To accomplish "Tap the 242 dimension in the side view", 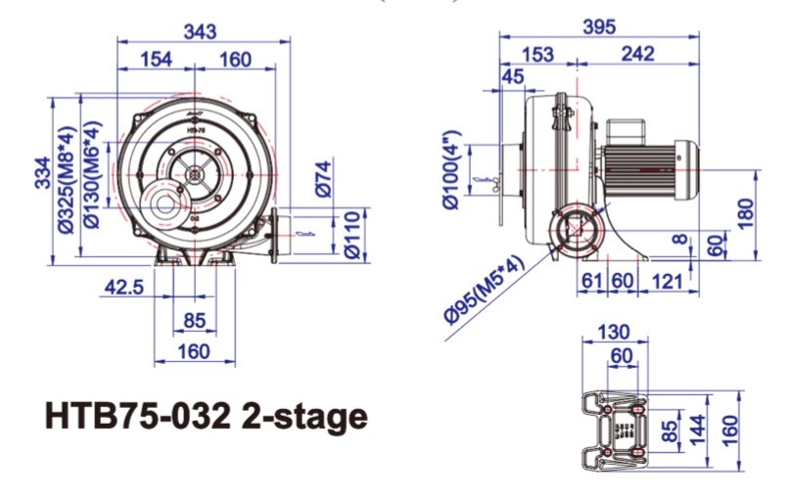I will pyautogui.click(x=637, y=55).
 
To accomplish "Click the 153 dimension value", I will pyautogui.click(x=536, y=55).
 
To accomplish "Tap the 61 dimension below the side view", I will pyautogui.click(x=592, y=283).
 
